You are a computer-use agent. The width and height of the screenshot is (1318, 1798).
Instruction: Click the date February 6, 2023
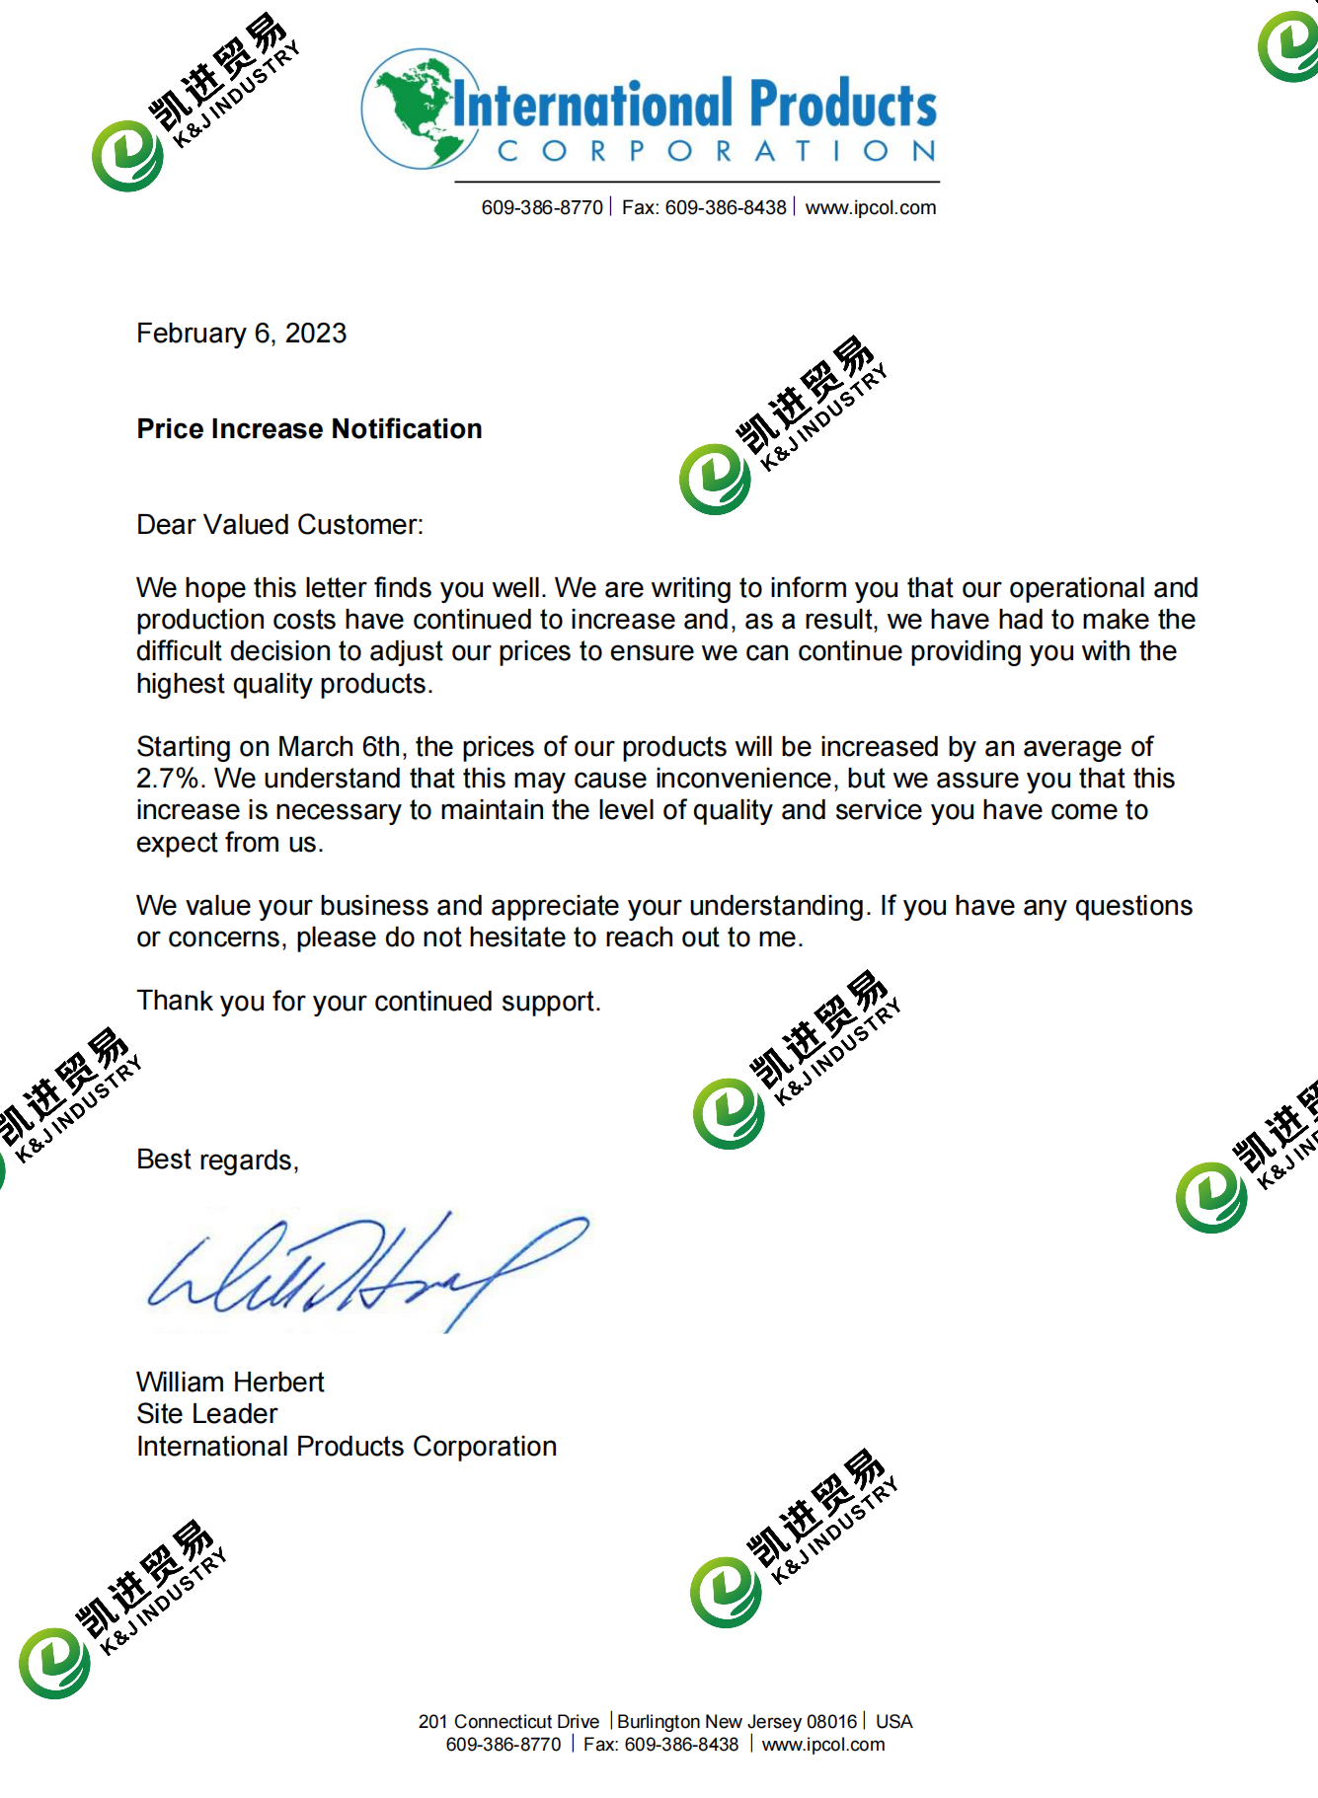(242, 334)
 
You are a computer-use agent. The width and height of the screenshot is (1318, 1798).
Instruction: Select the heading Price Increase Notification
(309, 429)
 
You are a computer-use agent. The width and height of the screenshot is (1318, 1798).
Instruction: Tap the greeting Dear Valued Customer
(279, 525)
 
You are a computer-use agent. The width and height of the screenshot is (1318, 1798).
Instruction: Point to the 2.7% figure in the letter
(170, 779)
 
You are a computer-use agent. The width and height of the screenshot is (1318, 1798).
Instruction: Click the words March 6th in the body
(339, 747)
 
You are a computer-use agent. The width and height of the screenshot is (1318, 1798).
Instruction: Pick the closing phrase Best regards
(217, 1160)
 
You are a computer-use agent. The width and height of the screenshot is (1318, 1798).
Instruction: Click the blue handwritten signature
(365, 1268)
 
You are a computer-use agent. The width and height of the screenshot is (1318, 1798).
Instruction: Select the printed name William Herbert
(230, 1382)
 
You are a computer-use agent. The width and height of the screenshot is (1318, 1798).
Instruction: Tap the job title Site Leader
(207, 1414)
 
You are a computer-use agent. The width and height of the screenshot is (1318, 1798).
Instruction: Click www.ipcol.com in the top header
(871, 208)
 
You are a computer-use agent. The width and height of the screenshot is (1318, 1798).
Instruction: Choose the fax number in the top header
(704, 208)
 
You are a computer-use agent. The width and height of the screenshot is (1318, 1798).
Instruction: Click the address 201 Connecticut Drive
(508, 1722)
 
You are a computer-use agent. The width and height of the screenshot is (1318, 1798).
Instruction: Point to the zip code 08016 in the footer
(832, 1722)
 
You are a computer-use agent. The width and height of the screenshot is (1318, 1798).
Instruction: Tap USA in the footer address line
(893, 1722)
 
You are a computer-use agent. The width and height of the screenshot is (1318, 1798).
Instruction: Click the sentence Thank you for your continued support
(368, 1002)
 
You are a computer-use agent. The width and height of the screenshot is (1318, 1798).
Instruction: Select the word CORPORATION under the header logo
(717, 151)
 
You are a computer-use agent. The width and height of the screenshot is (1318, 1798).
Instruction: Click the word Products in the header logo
(842, 105)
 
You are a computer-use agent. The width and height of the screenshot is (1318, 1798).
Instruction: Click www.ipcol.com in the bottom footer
(823, 1745)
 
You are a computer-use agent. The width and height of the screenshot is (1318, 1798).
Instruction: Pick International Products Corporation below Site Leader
(347, 1447)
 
